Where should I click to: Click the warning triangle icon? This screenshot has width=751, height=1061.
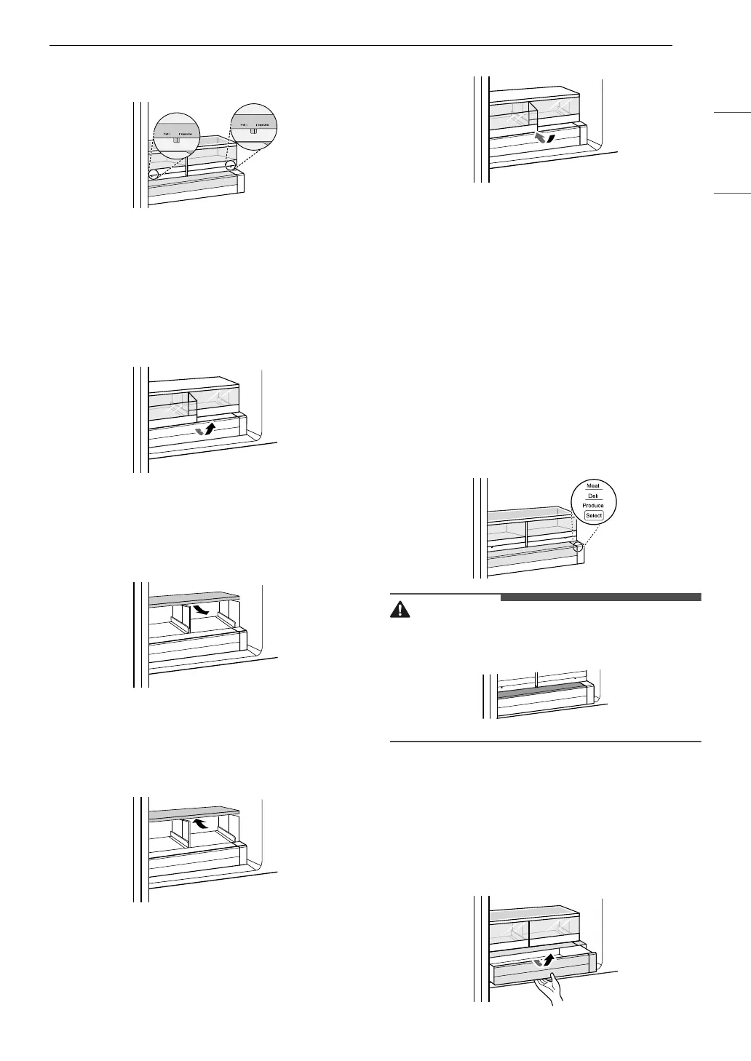coord(399,610)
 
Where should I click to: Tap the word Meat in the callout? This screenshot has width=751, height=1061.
coord(593,485)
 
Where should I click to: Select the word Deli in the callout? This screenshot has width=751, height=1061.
coord(593,496)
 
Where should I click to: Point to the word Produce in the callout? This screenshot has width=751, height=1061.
coord(593,505)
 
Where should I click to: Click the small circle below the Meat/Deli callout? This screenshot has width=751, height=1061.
coord(579,546)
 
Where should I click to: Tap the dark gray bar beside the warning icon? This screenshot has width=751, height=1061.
coord(600,597)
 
